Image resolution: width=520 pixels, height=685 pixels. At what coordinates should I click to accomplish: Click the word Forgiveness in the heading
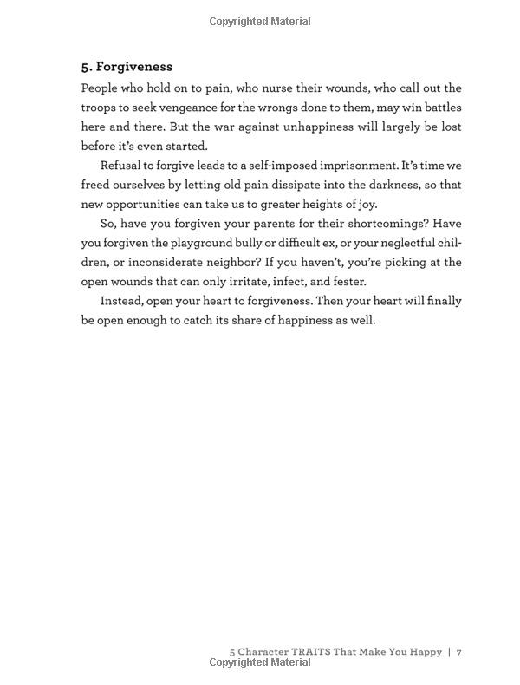[134, 67]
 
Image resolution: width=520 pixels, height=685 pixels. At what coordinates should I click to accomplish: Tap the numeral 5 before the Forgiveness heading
[85, 67]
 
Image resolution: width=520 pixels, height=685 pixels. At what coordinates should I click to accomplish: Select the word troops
[101, 108]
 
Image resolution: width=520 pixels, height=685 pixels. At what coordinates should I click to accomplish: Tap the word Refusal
[123, 166]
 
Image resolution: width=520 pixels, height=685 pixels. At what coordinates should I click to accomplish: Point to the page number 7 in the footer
[459, 651]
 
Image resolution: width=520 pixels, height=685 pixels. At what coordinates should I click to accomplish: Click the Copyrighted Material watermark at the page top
[260, 22]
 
